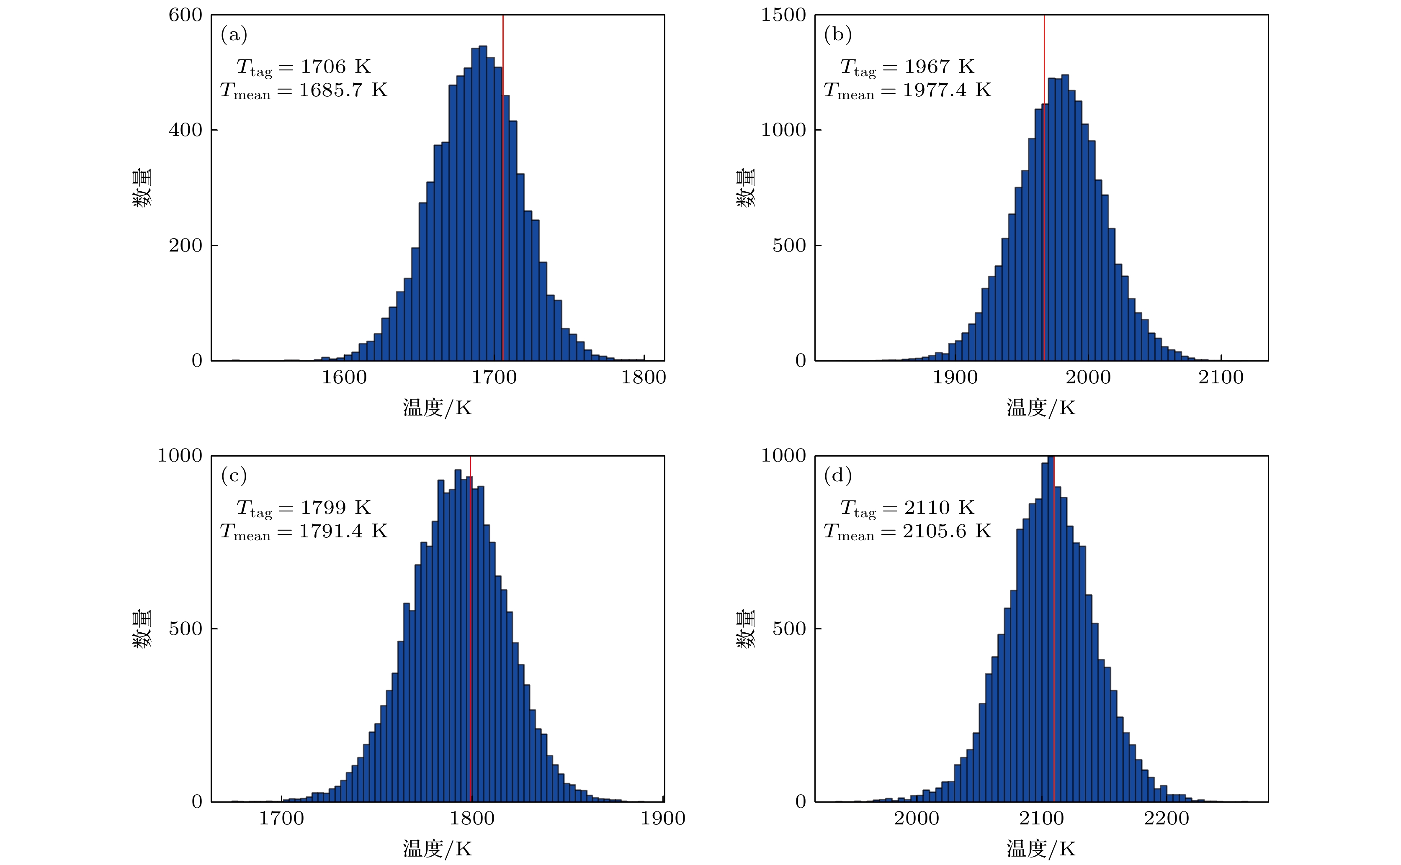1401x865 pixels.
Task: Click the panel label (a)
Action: [234, 35]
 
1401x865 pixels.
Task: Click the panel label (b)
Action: [837, 35]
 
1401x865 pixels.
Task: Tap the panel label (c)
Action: [234, 475]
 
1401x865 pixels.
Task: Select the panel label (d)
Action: [837, 475]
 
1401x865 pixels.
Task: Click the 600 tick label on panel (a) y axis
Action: [185, 15]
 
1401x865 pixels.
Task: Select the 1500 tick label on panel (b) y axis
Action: [783, 15]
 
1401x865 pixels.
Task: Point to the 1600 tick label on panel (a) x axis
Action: [344, 377]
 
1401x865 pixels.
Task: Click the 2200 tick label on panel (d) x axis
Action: [1167, 819]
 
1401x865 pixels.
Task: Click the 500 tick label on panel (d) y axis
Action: [788, 629]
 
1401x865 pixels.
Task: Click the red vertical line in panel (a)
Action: [502, 229]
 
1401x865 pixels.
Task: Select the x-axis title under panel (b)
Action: [1040, 408]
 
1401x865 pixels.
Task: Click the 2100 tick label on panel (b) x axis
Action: [1221, 377]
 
